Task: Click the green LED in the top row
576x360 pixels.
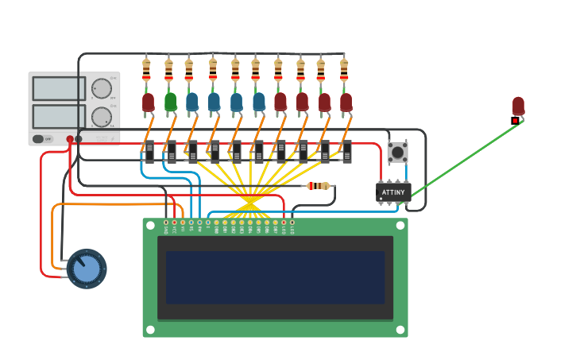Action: (170, 101)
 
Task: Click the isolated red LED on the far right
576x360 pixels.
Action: (518, 106)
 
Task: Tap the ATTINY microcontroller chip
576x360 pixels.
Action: (392, 192)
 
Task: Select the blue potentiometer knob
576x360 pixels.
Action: (86, 269)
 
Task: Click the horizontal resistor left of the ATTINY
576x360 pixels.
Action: (319, 186)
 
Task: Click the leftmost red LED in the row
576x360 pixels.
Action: (149, 102)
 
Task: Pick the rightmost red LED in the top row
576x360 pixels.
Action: (346, 102)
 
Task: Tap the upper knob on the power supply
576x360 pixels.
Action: (101, 87)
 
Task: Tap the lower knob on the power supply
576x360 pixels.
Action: (101, 117)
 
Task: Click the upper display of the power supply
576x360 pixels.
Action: (59, 88)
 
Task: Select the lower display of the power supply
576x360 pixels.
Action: (59, 116)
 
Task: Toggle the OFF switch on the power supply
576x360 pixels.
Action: (42, 138)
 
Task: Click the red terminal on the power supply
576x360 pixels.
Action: (70, 139)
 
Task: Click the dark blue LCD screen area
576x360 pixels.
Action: (275, 277)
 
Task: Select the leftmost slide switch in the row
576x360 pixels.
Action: (149, 151)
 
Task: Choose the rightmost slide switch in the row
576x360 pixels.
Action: (346, 151)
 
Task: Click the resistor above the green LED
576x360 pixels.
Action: (168, 71)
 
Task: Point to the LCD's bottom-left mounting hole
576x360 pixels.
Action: (150, 329)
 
